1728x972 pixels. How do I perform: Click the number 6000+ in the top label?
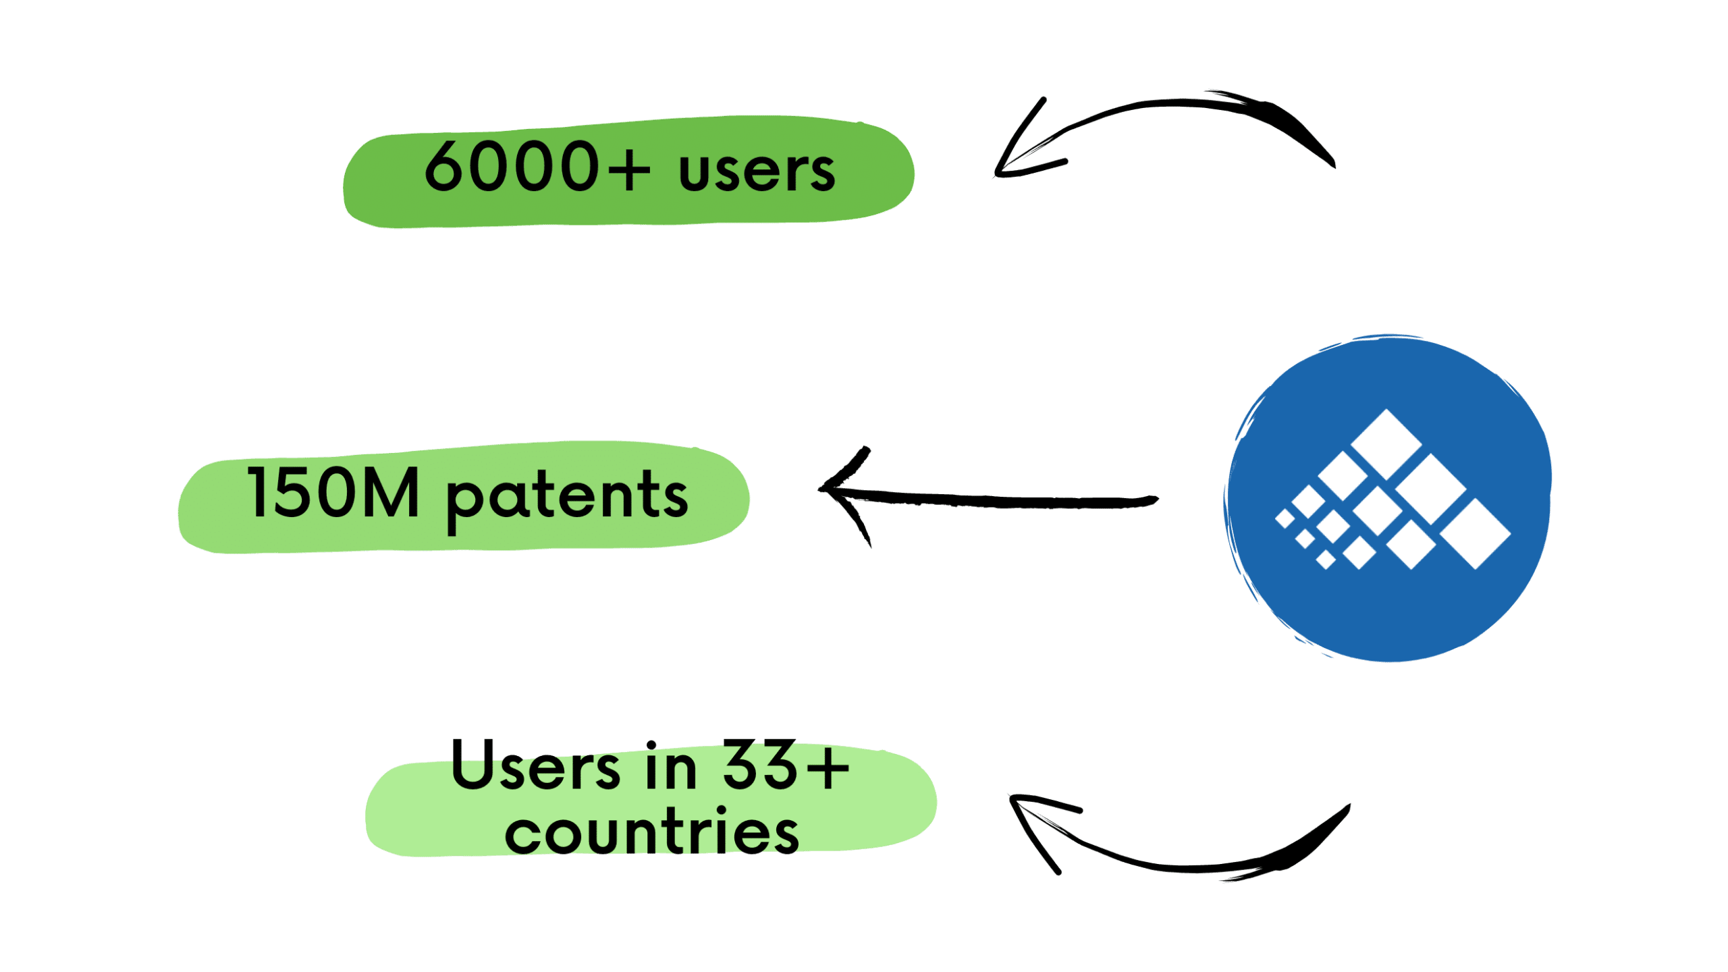click(537, 166)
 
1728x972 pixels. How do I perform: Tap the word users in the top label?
click(757, 171)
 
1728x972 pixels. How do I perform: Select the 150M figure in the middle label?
click(333, 493)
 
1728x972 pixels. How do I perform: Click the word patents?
click(567, 500)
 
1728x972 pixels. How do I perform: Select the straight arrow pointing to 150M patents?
click(989, 500)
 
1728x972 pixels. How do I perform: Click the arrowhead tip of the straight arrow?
click(820, 487)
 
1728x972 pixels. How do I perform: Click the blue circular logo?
click(1388, 498)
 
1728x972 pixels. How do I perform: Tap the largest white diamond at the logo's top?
click(1386, 444)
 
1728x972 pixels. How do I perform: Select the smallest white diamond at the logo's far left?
click(1285, 518)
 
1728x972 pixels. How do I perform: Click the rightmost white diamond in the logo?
click(1476, 534)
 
